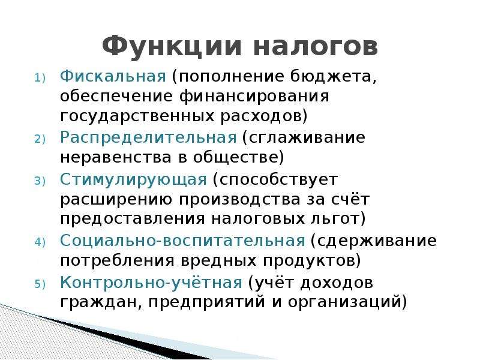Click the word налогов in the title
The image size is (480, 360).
point(316,47)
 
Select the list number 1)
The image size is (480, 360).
point(40,78)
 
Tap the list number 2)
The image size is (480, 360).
point(40,139)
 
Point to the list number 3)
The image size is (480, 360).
point(40,181)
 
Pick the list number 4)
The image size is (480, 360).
point(40,242)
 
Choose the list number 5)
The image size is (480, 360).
point(40,284)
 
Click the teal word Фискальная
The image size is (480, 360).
point(113,76)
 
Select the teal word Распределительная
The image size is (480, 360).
point(148,137)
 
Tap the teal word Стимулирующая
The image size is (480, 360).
point(133,179)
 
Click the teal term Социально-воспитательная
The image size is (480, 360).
point(183,241)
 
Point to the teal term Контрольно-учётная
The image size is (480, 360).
point(151,282)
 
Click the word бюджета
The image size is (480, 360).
point(333,77)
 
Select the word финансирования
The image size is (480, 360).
point(254,96)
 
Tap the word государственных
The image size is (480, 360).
point(137,116)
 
